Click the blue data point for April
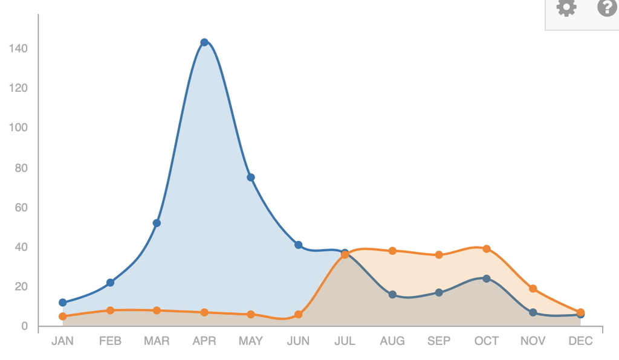[x=204, y=42]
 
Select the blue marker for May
[x=251, y=178]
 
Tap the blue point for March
[x=157, y=223]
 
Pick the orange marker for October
[x=487, y=249]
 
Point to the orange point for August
[x=392, y=251]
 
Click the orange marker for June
[x=298, y=315]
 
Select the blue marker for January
[x=62, y=303]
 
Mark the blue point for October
[x=487, y=278]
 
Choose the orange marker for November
[x=533, y=289]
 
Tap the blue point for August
[x=392, y=295]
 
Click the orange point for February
[x=110, y=310]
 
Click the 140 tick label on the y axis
[x=19, y=48]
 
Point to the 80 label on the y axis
[x=21, y=168]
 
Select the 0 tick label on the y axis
[x=25, y=327]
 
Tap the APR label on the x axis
[x=204, y=341]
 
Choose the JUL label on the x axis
[x=345, y=341]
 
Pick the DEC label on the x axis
[x=580, y=341]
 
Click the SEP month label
[x=439, y=341]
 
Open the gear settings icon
[x=566, y=8]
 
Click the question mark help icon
[x=607, y=7]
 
